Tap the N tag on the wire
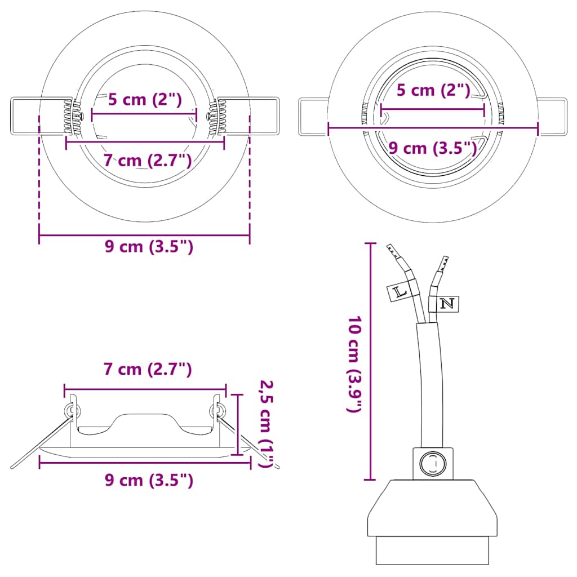coord(447,304)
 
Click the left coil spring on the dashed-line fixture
coord(70,117)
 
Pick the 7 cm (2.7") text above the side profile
coord(148,370)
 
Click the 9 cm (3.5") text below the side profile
coord(149,480)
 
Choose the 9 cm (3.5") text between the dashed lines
coord(149,247)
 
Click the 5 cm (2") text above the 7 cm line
coord(145,100)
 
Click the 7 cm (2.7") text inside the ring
coord(148,160)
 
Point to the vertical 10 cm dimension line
coord(370,361)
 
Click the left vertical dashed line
coord(39,175)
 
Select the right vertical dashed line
coord(250,175)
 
